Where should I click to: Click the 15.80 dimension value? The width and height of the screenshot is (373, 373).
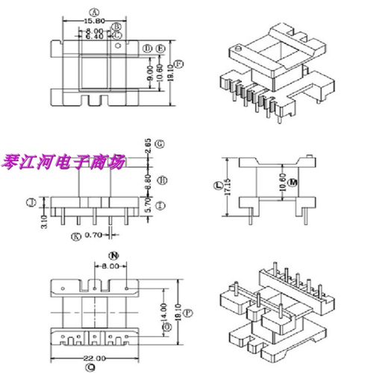tap(94, 21)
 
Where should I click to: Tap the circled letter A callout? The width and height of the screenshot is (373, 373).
tap(94, 12)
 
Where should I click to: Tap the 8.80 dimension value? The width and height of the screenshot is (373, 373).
tap(148, 180)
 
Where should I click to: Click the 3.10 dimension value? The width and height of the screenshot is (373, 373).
tap(44, 221)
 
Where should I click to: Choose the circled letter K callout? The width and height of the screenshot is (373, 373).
tap(75, 237)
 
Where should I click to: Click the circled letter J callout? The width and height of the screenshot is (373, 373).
tap(31, 201)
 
